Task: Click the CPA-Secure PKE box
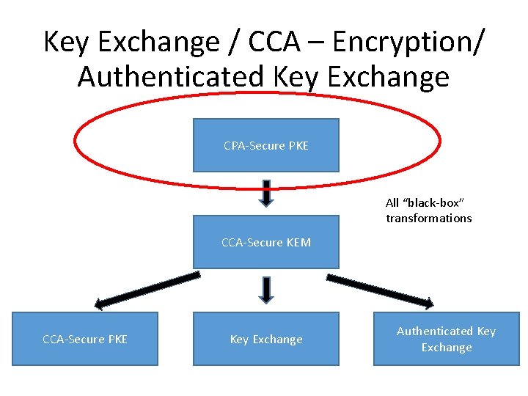266,145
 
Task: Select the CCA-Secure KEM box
266,242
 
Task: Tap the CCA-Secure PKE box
85,339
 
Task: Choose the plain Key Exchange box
266,339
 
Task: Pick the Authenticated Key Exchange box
446,339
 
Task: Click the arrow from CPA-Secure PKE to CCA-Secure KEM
266,193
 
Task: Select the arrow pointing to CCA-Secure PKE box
147,290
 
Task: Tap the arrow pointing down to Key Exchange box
266,290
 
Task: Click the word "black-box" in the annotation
435,202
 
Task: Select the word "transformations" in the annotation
429,218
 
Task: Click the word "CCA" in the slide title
274,43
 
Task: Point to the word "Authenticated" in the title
169,76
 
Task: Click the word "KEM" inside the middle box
298,242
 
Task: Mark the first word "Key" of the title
69,43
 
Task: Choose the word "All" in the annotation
392,202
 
